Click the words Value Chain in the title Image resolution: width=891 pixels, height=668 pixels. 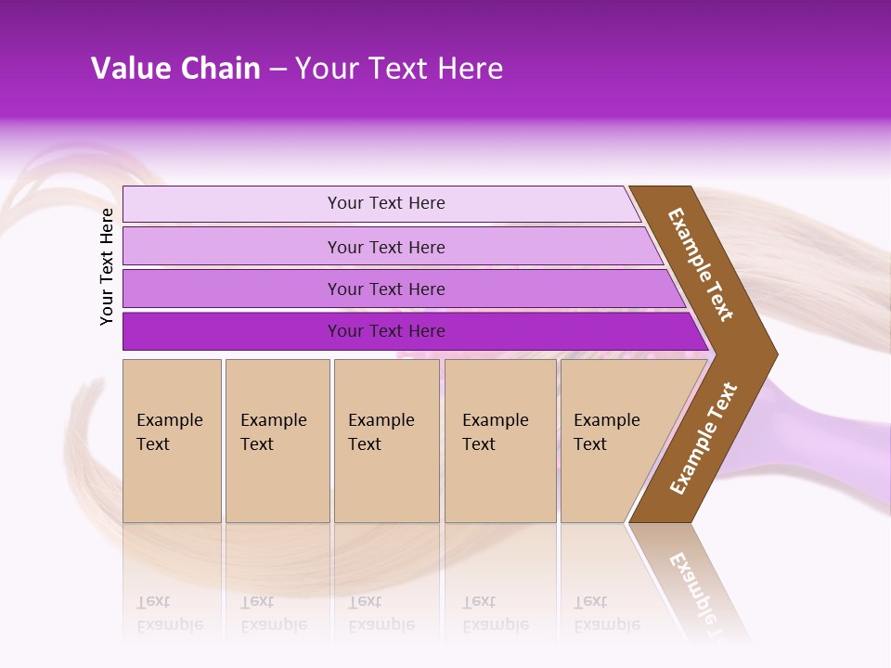click(x=175, y=69)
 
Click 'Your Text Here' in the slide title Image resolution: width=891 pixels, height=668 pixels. click(x=399, y=69)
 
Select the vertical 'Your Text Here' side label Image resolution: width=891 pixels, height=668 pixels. click(x=107, y=265)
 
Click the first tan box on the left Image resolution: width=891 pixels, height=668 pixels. click(x=172, y=441)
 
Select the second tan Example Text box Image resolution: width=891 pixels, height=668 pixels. click(x=277, y=441)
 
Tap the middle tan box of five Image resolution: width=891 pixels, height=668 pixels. click(x=386, y=441)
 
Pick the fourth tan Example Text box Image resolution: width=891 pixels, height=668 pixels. click(x=499, y=441)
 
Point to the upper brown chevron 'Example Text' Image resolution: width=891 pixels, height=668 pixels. click(x=701, y=264)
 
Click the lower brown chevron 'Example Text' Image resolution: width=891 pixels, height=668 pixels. click(x=704, y=438)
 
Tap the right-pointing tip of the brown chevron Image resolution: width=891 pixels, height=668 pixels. click(x=770, y=353)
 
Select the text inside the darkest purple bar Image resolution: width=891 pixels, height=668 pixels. click(x=386, y=331)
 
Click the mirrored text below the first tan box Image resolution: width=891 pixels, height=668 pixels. click(x=169, y=614)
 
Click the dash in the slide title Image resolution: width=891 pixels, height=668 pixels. click(x=278, y=70)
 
